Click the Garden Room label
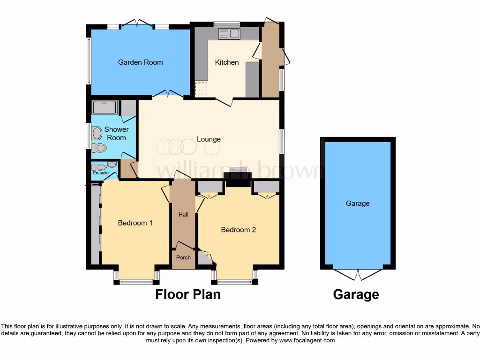pyautogui.click(x=140, y=62)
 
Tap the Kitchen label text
pyautogui.click(x=226, y=62)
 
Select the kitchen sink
pyautogui.click(x=229, y=33)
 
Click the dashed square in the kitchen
pyautogui.click(x=201, y=88)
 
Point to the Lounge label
pyautogui.click(x=209, y=139)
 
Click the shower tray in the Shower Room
pyautogui.click(x=105, y=107)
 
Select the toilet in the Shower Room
pyautogui.click(x=99, y=148)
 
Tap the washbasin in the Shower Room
pyautogui.click(x=97, y=134)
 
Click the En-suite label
pyautogui.click(x=100, y=173)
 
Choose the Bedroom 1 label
pyautogui.click(x=135, y=223)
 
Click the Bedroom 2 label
pyautogui.click(x=238, y=230)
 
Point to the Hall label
pyautogui.click(x=183, y=214)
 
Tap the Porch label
pyautogui.click(x=183, y=257)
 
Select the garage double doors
pyautogui.click(x=358, y=274)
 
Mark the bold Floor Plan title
pyautogui.click(x=187, y=294)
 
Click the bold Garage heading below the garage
pyautogui.click(x=356, y=294)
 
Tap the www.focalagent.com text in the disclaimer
pyautogui.click(x=307, y=340)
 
